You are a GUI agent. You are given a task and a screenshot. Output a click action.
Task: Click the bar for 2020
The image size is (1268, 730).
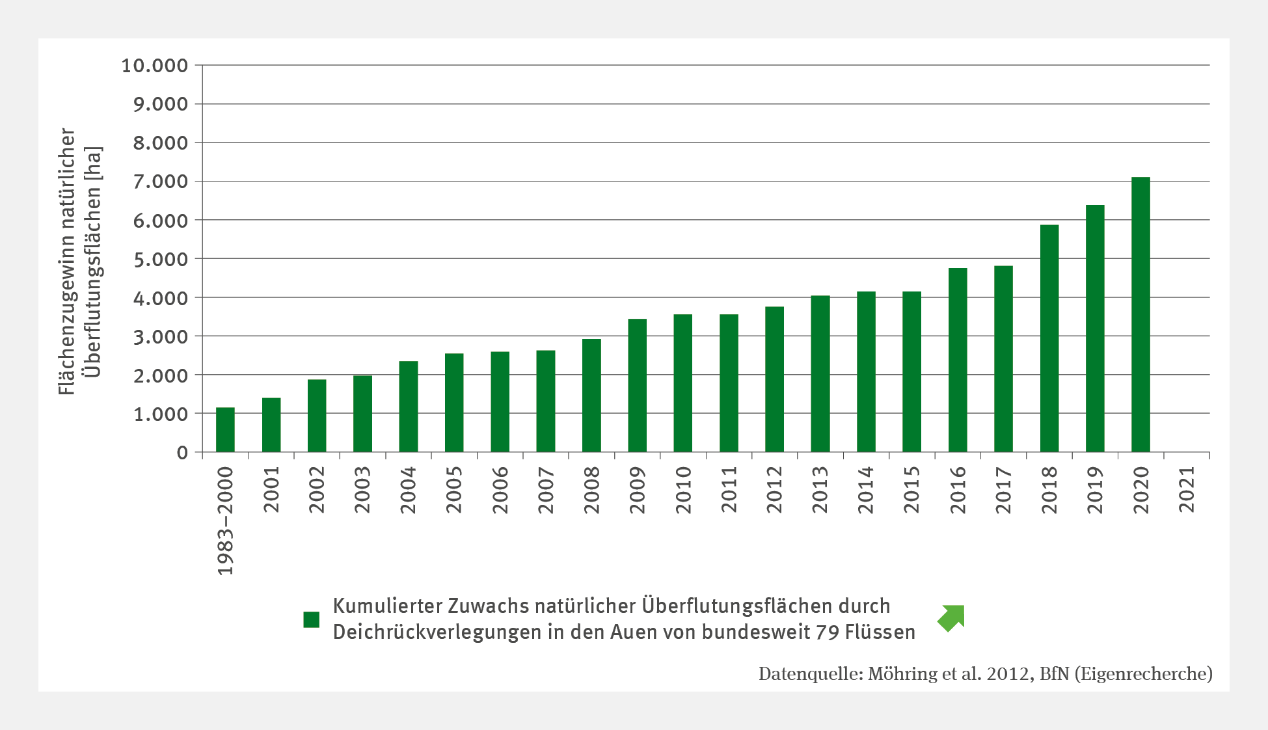pyautogui.click(x=1140, y=315)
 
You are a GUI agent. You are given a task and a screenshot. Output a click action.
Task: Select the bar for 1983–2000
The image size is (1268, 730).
pyautogui.click(x=225, y=430)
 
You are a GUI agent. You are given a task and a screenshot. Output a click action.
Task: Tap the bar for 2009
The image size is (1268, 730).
pyautogui.click(x=637, y=385)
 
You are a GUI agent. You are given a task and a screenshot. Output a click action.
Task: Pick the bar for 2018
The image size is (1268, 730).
pyautogui.click(x=1049, y=338)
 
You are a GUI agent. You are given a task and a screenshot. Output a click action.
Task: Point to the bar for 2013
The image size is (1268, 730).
pyautogui.click(x=820, y=374)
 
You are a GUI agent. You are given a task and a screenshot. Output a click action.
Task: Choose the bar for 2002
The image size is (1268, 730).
pyautogui.click(x=317, y=416)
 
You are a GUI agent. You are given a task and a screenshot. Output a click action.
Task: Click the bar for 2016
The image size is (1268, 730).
pyautogui.click(x=957, y=360)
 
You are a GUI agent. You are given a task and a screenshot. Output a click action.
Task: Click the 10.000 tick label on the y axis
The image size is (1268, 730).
pyautogui.click(x=155, y=66)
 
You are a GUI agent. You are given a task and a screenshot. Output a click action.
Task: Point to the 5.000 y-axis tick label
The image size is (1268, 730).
pyautogui.click(x=160, y=259)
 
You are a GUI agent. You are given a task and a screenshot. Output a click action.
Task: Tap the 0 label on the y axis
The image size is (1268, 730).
pyautogui.click(x=182, y=453)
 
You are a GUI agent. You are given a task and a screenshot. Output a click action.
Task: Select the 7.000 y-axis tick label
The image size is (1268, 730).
pyautogui.click(x=160, y=182)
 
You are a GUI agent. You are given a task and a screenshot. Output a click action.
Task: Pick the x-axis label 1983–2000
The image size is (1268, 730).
pyautogui.click(x=225, y=521)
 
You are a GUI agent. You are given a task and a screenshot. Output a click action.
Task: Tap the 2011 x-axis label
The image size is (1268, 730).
pyautogui.click(x=729, y=489)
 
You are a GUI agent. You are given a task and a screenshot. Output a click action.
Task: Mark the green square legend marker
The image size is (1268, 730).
pyautogui.click(x=312, y=619)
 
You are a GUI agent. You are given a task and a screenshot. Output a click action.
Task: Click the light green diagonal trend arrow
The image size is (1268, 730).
pyautogui.click(x=952, y=617)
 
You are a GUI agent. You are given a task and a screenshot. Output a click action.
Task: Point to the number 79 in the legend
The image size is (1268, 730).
pyautogui.click(x=827, y=632)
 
